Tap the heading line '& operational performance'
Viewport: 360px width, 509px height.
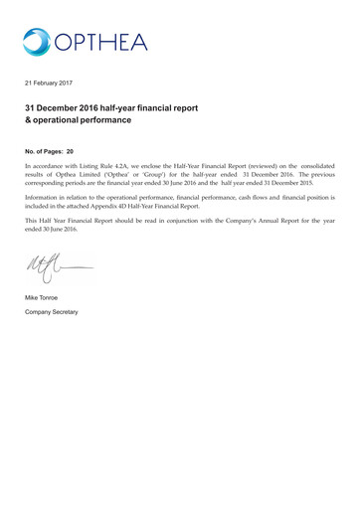pos(78,120)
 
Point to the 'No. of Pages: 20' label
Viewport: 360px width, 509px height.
pos(49,151)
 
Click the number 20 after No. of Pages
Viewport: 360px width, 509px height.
pos(70,151)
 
